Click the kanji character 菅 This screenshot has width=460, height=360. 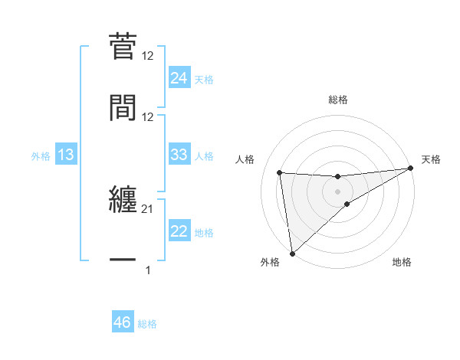pos(123,46)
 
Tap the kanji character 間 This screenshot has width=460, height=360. pos(123,106)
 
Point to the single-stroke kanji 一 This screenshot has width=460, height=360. pos(123,260)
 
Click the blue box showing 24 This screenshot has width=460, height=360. pos(179,78)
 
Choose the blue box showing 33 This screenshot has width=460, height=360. pos(179,155)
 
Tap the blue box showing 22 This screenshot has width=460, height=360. pos(179,231)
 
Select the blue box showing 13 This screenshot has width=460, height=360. pos(66,155)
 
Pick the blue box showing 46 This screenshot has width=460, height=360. pos(122,322)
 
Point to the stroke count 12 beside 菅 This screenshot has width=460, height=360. pos(148,56)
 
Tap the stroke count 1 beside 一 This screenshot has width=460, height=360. pos(148,270)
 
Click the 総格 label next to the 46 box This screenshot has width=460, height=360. pos(147,324)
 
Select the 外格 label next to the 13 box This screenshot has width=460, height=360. pos(41,156)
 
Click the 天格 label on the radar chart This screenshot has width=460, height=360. pos(431,159)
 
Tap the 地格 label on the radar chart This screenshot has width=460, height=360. pos(402,262)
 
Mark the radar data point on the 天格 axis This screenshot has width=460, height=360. pos(409,169)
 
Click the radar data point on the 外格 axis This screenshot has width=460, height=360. pos(292,253)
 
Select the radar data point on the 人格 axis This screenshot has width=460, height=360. pos(280,172)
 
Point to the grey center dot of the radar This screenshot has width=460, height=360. pos(337,191)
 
